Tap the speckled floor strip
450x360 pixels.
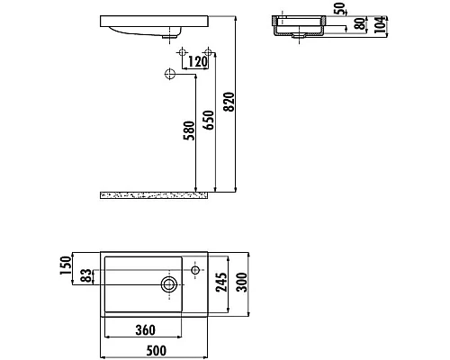point(153,193)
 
